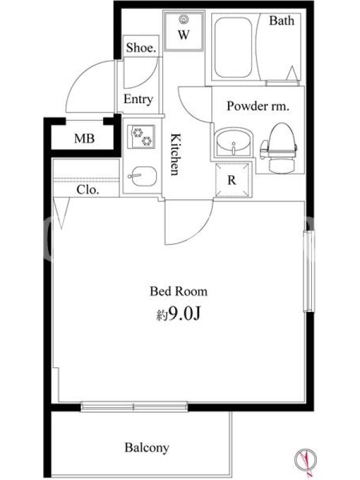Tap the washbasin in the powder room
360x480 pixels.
pos(233,143)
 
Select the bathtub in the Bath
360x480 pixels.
pos(233,47)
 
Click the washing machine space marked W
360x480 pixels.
pos(184,32)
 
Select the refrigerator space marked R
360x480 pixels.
pos(233,179)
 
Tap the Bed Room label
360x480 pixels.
pos(178,291)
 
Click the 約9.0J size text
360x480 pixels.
pos(178,313)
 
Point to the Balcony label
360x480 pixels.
pos(146,448)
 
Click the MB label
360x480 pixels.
pos(84,139)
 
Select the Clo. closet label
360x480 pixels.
pos(88,190)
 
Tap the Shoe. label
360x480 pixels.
pos(141,48)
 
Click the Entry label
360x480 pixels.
pos(138,100)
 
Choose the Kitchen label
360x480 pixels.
pos(175,154)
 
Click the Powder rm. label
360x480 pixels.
pos(258,106)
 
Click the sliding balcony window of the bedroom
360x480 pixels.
pos(134,406)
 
